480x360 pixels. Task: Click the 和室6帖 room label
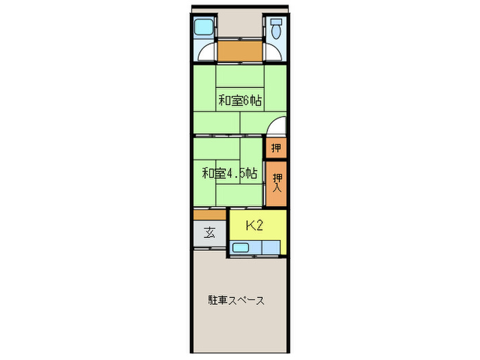(239, 100)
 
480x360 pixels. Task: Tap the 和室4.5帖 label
(229, 173)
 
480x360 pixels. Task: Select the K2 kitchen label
(254, 226)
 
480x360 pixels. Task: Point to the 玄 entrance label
(209, 232)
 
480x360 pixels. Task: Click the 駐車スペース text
(237, 300)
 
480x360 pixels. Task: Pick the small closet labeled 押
(276, 147)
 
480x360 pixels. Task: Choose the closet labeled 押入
(276, 183)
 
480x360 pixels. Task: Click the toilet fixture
(276, 29)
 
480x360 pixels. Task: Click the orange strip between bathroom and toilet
(239, 51)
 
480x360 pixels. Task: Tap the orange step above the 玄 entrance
(209, 215)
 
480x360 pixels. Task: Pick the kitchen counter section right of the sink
(269, 248)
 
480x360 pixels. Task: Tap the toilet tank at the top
(276, 21)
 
